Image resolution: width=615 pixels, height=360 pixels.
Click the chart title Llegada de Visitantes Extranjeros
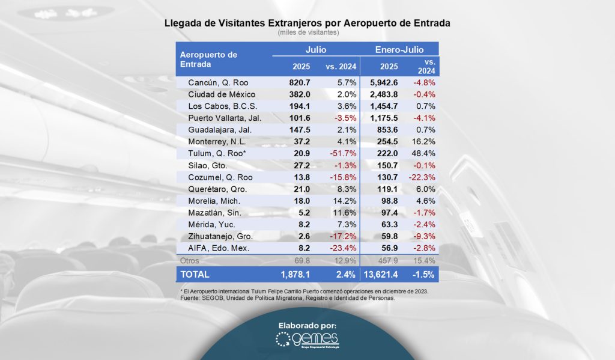pyautogui.click(x=307, y=23)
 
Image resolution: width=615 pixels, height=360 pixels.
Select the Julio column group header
pyautogui.click(x=316, y=49)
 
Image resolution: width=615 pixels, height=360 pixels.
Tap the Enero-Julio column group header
pyautogui.click(x=399, y=49)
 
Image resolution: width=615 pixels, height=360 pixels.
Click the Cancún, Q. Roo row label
pyautogui.click(x=217, y=82)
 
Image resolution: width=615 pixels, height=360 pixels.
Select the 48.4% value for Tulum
pyautogui.click(x=423, y=154)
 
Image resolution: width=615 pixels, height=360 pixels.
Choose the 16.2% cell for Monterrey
pyautogui.click(x=423, y=142)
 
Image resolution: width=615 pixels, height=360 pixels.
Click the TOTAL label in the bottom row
pyautogui.click(x=195, y=275)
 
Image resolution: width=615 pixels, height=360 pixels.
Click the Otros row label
pyautogui.click(x=190, y=261)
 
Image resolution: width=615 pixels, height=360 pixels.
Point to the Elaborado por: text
pyautogui.click(x=307, y=325)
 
